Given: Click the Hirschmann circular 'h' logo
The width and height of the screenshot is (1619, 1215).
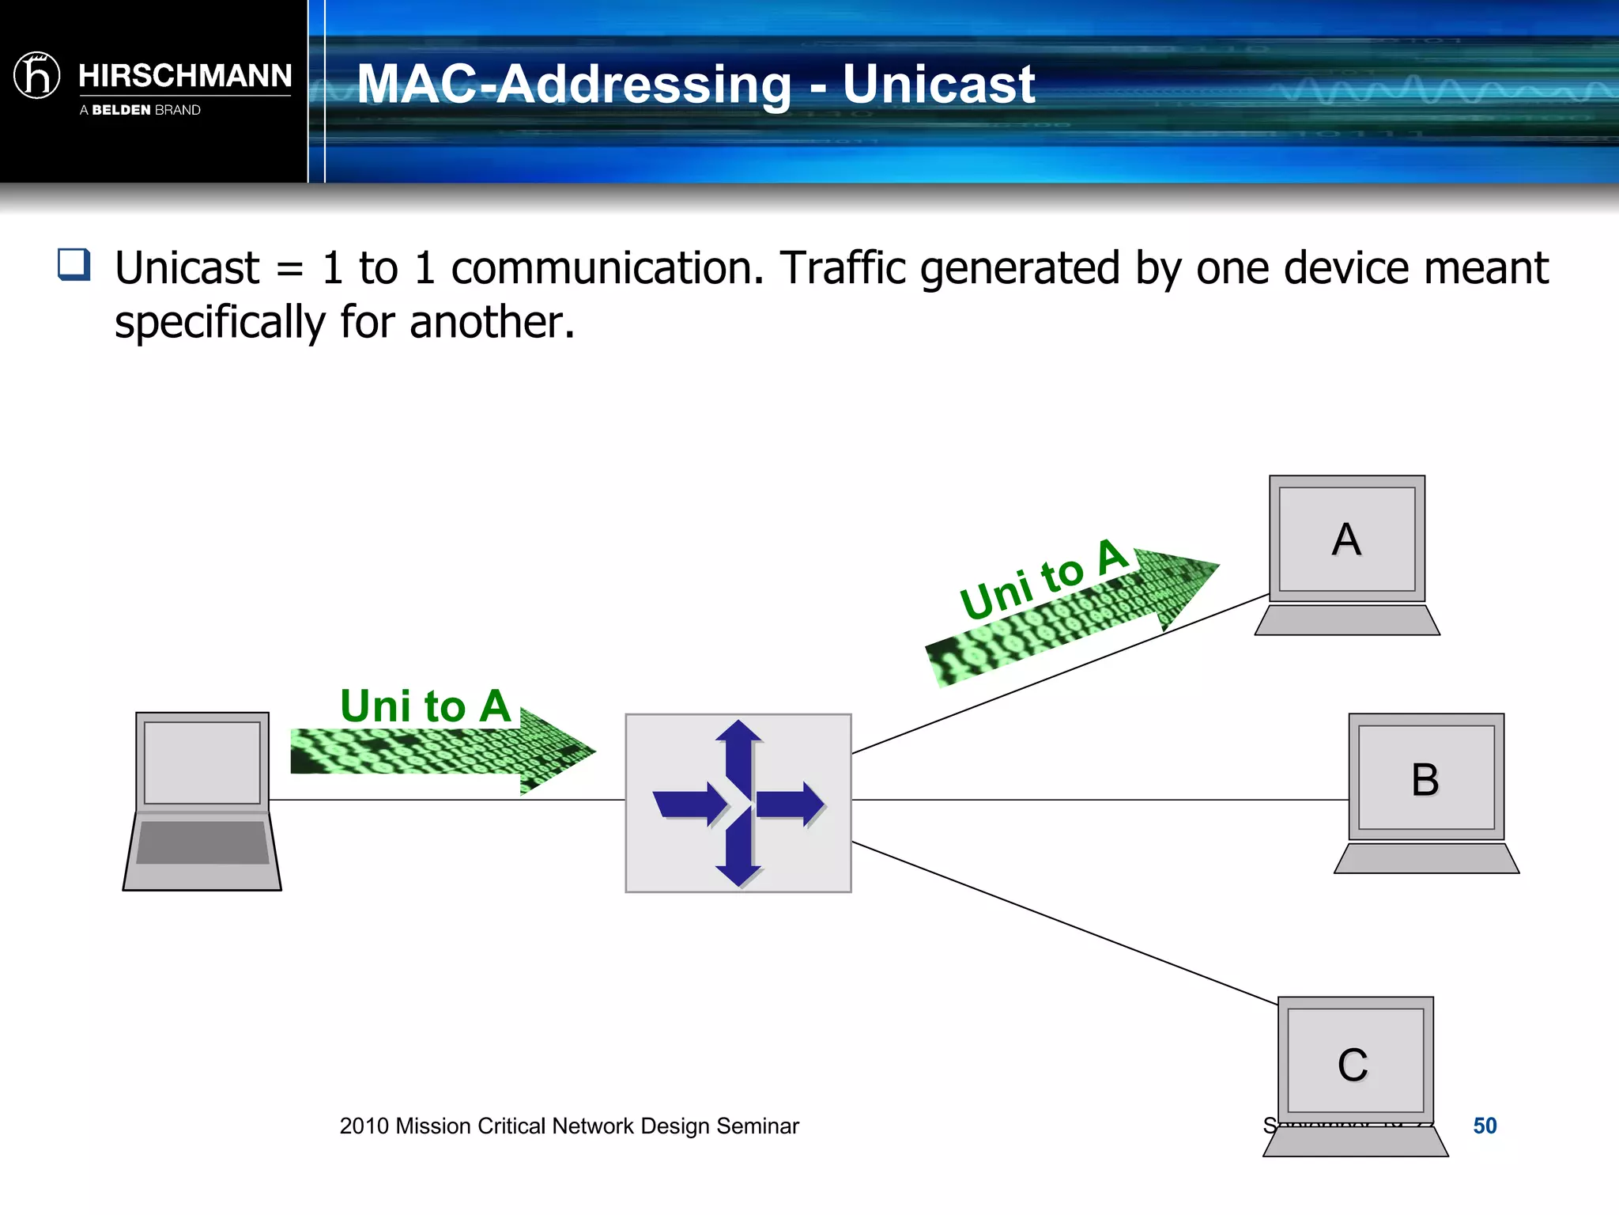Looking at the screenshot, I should (37, 76).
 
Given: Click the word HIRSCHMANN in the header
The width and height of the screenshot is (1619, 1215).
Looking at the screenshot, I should (185, 76).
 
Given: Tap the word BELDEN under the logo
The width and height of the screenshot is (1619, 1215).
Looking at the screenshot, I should (121, 110).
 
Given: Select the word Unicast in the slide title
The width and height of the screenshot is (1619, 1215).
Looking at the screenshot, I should (938, 84).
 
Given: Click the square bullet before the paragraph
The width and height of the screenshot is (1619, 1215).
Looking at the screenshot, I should (74, 265).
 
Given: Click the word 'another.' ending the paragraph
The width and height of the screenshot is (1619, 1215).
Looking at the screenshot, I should (492, 323).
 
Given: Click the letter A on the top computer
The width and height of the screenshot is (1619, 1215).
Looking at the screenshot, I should (1346, 539).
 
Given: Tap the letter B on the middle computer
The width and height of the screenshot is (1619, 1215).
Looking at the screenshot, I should (1425, 780).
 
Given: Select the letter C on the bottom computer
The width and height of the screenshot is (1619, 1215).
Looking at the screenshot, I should (1353, 1065).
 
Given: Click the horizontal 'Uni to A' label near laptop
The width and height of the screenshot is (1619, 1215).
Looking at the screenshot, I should (425, 706).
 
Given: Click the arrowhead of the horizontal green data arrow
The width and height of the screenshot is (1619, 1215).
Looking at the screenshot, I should (557, 750).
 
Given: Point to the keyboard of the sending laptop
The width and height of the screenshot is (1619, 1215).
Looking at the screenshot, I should (203, 842).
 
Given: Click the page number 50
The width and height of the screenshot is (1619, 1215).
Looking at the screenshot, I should (1485, 1126).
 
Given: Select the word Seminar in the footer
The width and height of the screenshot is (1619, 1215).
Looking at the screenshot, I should (757, 1126).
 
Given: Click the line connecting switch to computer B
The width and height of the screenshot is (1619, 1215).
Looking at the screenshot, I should (1099, 800).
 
